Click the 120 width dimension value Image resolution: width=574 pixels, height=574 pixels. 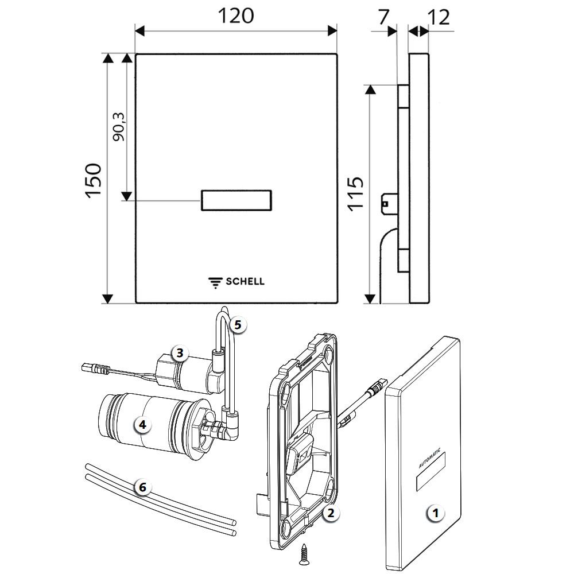[236, 16]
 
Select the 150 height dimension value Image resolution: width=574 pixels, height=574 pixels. [94, 181]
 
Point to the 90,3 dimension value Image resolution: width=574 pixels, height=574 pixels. [119, 127]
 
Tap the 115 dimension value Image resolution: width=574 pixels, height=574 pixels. [355, 194]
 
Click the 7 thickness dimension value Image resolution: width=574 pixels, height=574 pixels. [383, 17]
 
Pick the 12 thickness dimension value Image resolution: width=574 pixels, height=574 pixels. [439, 17]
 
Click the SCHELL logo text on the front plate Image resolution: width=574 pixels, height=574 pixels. [245, 281]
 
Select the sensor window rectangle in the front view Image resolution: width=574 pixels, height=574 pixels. [236, 200]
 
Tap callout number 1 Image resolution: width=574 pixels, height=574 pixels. [436, 513]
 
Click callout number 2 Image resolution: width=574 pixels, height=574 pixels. [331, 513]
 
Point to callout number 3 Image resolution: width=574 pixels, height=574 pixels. [180, 353]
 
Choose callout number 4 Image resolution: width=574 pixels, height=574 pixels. [142, 425]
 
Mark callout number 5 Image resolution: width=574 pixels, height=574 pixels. [238, 324]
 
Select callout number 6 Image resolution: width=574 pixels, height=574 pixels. [142, 487]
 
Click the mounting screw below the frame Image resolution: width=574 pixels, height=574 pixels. [304, 551]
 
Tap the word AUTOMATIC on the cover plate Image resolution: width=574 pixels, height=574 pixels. [430, 459]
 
